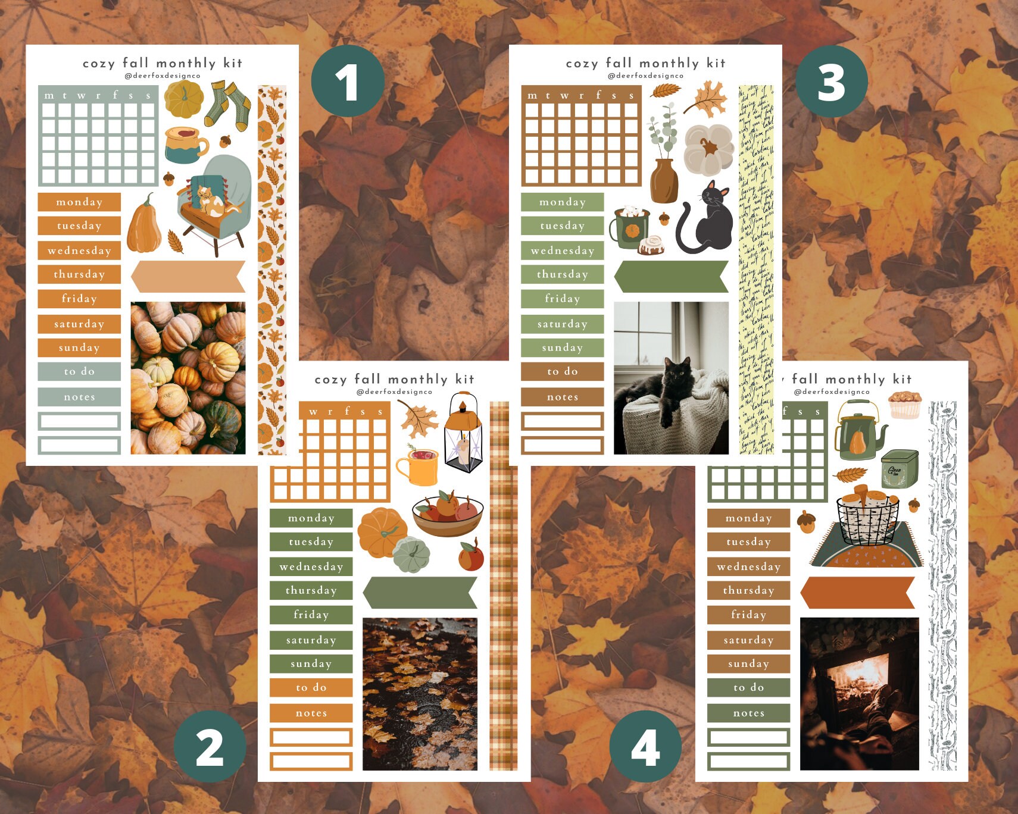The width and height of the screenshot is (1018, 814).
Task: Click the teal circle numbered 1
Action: coord(348,82)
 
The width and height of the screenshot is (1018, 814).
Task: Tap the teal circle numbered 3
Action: coord(831,82)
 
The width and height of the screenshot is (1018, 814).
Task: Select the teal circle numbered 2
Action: coord(210,747)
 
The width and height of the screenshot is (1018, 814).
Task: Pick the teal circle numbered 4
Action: coord(645,747)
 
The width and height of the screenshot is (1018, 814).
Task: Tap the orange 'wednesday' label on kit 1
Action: coord(79,251)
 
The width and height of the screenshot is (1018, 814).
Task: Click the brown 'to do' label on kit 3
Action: coord(562,371)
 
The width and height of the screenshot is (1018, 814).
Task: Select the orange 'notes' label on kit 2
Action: coord(311,713)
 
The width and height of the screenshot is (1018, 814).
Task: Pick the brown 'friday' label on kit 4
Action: coord(748,615)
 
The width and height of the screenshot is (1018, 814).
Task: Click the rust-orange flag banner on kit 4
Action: coord(857,593)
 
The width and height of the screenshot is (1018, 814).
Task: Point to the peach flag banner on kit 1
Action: coord(188,276)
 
